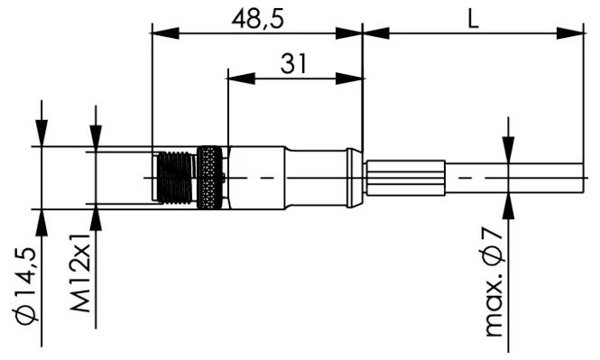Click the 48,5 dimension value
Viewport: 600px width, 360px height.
(257, 19)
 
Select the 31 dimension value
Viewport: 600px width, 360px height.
(293, 63)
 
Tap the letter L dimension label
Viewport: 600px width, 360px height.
(474, 19)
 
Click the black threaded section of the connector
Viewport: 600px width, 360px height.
(176, 178)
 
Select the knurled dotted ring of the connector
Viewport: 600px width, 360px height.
(209, 178)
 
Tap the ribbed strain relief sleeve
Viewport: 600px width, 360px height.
(406, 178)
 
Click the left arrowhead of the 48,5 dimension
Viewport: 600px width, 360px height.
(165, 33)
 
